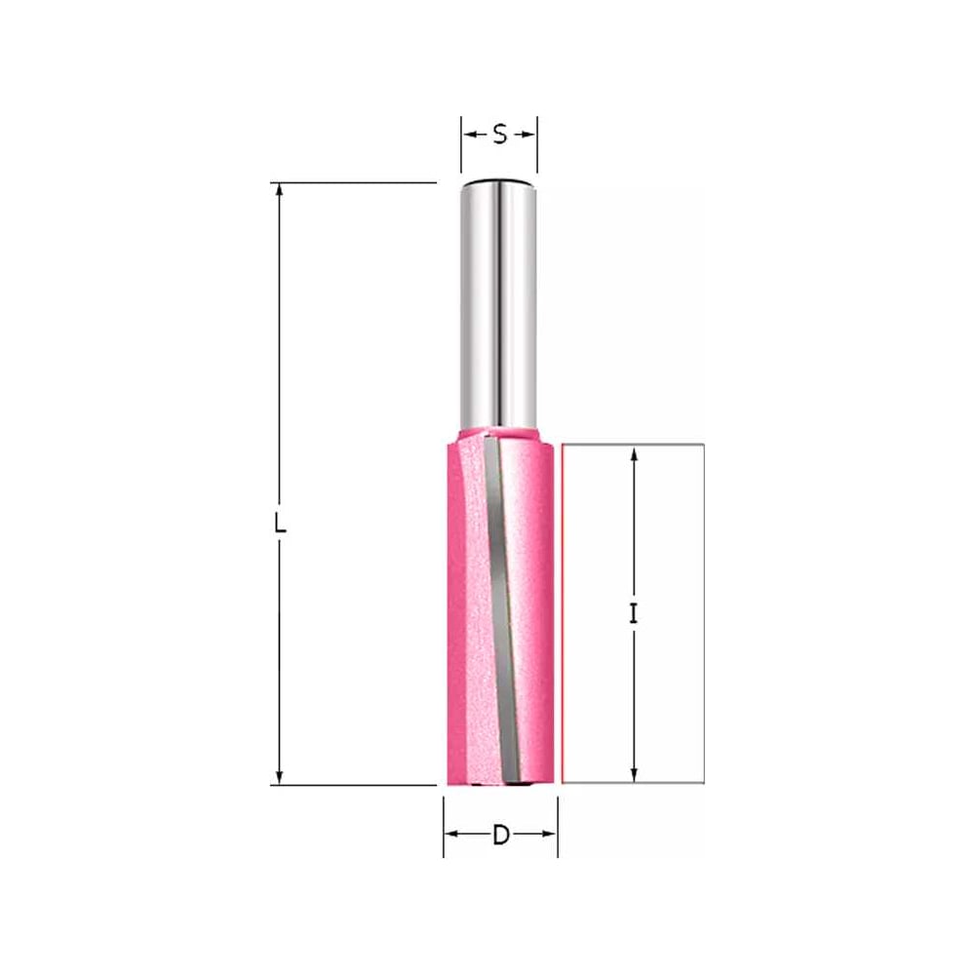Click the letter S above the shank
(500, 134)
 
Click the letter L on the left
(280, 524)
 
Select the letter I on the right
(633, 614)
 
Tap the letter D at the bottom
(500, 836)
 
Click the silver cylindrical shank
(498, 304)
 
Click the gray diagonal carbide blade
(501, 609)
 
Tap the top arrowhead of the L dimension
(279, 190)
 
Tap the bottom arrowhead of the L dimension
(279, 777)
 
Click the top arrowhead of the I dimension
(634, 453)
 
